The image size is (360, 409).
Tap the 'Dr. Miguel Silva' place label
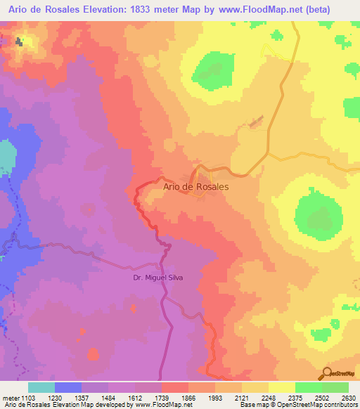pos(159,277)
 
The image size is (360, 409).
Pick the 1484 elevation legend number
pos(94,396)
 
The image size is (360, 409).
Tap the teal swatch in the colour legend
pos(41,387)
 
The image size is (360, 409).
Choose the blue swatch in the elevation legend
pos(67,387)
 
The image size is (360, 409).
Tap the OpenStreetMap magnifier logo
pos(326,373)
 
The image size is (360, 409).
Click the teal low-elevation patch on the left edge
pos(6,158)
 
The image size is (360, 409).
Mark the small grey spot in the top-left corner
pos(19,42)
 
